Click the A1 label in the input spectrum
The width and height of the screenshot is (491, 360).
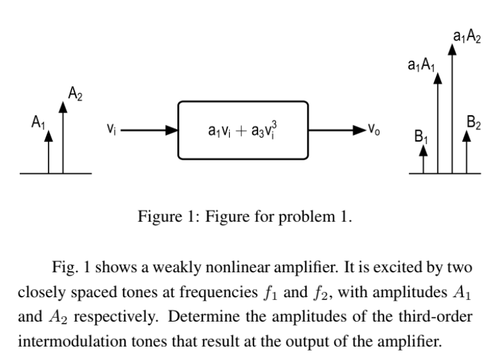[x=38, y=121]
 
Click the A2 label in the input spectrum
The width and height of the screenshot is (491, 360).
[x=75, y=95]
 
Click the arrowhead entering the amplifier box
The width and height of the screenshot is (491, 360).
[x=172, y=129]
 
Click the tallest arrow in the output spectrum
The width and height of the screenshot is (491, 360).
[x=453, y=109]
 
